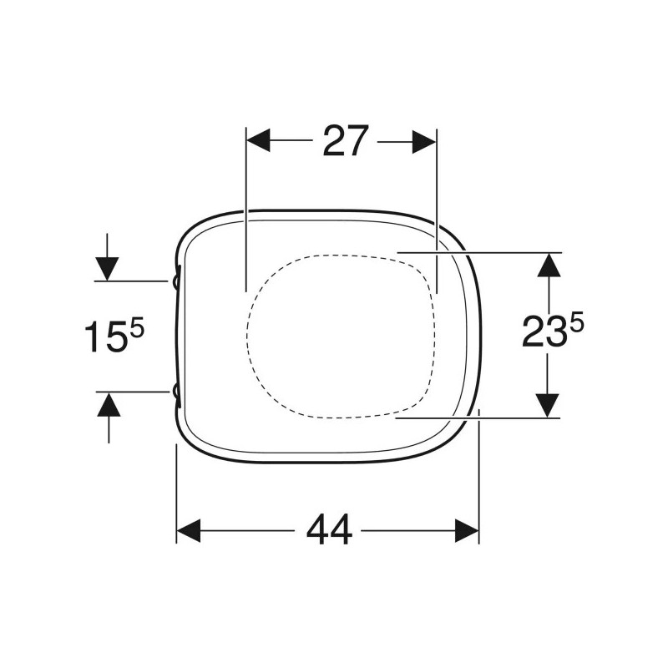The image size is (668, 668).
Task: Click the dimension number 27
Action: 345,141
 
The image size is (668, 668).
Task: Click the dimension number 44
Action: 329,530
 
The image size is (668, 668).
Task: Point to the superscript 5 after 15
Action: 138,329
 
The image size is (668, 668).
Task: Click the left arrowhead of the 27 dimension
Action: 258,141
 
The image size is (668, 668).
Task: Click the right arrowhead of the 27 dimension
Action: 424,141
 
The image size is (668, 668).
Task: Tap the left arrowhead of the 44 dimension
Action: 189,530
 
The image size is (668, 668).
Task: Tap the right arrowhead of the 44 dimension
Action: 467,530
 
